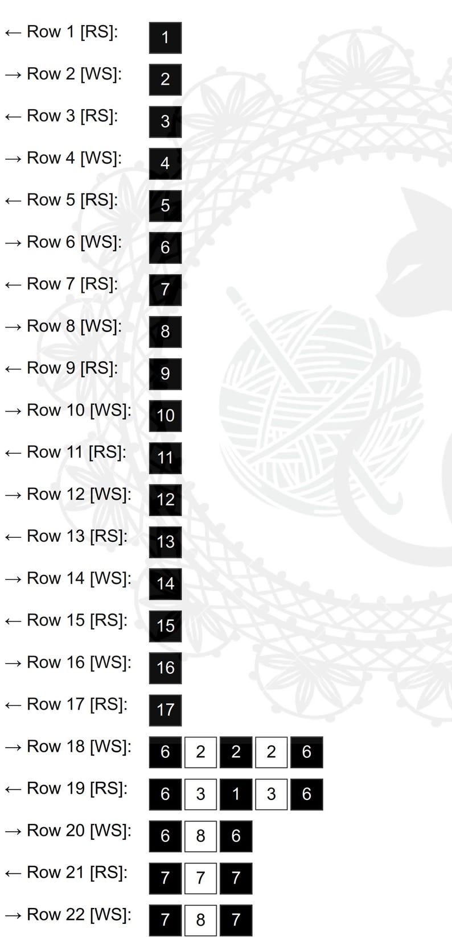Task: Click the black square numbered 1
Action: tap(165, 38)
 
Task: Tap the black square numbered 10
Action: tap(165, 416)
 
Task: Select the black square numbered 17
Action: tap(165, 710)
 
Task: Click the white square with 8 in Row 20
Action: tap(200, 836)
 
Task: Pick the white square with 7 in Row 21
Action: tap(200, 878)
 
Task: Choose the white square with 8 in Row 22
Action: tap(200, 920)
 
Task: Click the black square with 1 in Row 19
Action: tap(236, 794)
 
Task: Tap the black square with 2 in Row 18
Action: tap(236, 752)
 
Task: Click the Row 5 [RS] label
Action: tap(72, 200)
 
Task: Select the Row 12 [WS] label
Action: tap(79, 495)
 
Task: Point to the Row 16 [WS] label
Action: tap(79, 662)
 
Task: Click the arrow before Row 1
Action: tap(13, 32)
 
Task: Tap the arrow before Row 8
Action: tap(13, 327)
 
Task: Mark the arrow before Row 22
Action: tap(13, 915)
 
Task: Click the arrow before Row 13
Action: tap(13, 537)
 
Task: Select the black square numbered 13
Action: tap(165, 542)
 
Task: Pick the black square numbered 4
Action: tap(165, 164)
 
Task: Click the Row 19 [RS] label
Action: tap(77, 789)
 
